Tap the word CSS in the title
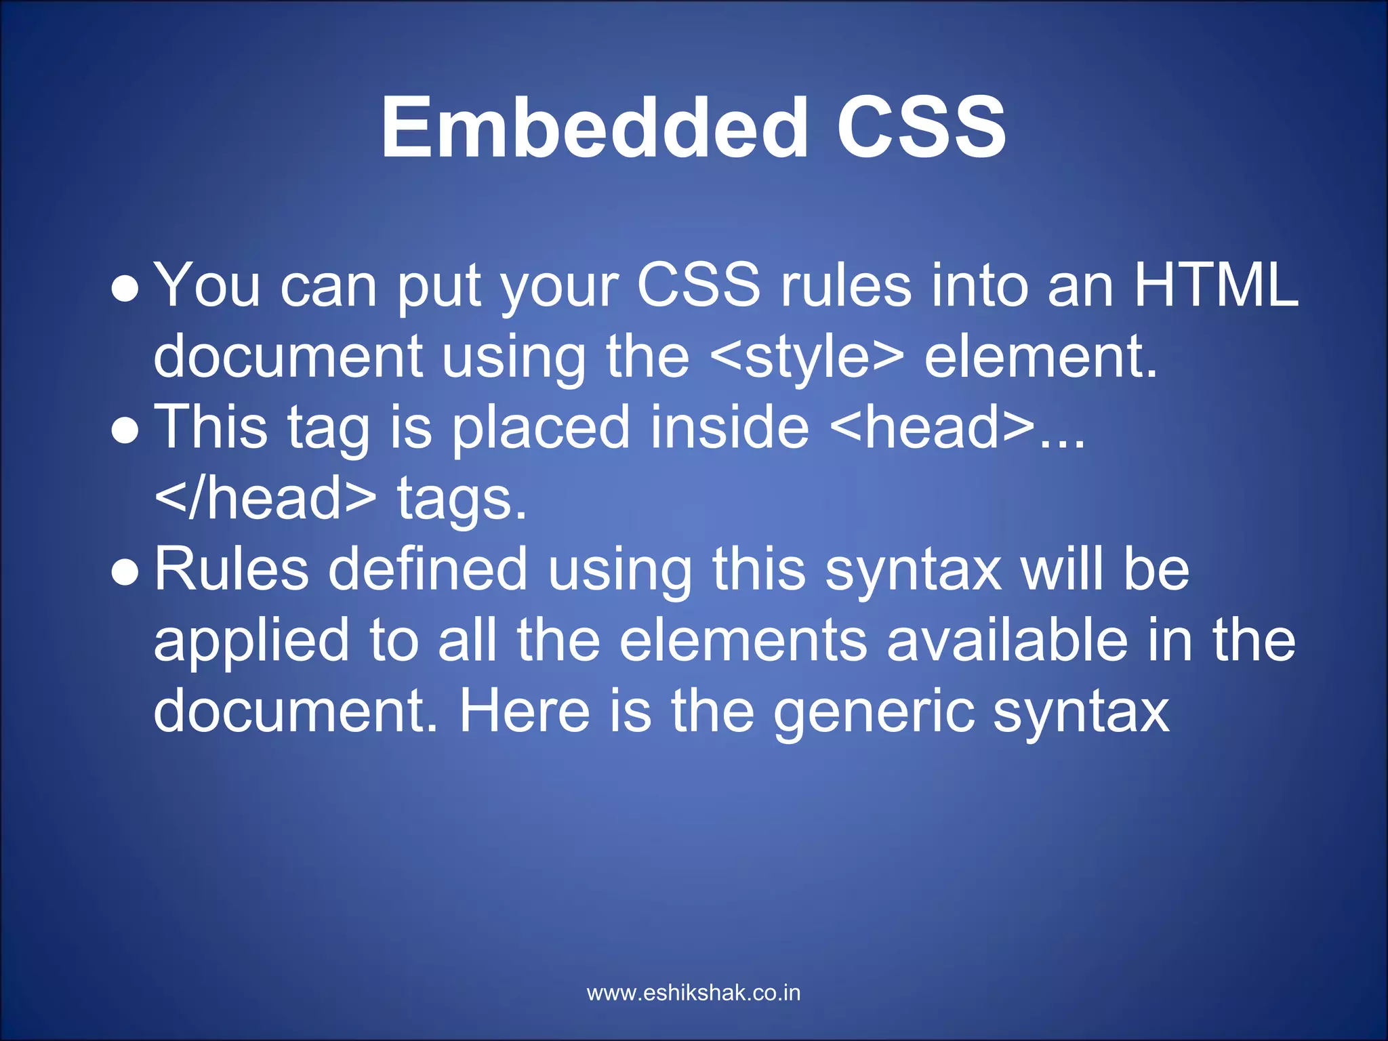click(921, 127)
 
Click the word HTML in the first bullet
click(1216, 285)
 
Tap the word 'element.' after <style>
click(1041, 357)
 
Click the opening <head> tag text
click(932, 428)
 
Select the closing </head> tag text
click(265, 499)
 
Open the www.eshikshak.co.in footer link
click(693, 993)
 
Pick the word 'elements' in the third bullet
click(743, 641)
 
